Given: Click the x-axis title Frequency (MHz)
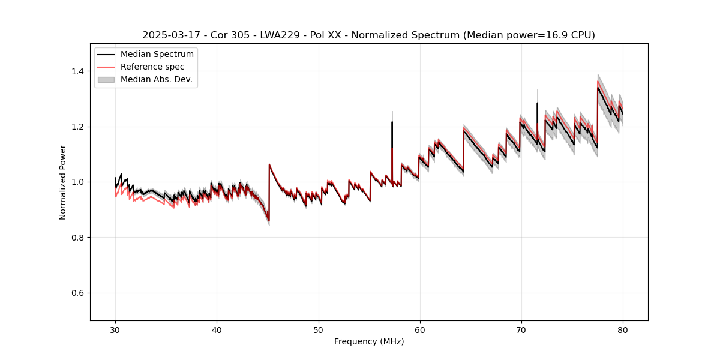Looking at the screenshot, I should click(x=369, y=341).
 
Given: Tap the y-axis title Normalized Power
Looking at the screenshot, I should click(x=63, y=182).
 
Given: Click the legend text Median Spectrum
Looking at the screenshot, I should click(x=157, y=55).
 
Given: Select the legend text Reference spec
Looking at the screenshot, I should click(x=152, y=67).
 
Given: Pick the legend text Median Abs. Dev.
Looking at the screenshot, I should click(x=156, y=79).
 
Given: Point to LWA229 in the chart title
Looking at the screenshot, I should click(x=280, y=35).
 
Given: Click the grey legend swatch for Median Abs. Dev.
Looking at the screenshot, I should click(x=107, y=79).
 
